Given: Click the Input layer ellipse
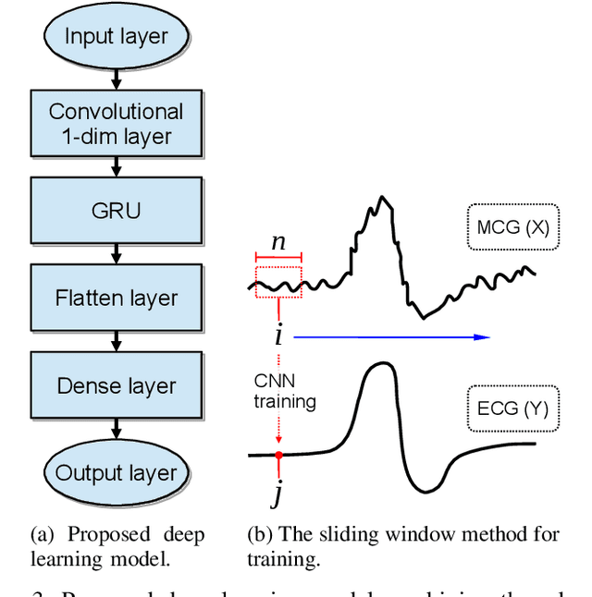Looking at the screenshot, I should (x=116, y=37).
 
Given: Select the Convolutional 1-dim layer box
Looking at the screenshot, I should (x=116, y=124).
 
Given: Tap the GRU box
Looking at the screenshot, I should (x=116, y=211).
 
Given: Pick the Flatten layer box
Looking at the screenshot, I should (x=116, y=298).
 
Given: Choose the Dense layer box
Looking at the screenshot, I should (x=116, y=385).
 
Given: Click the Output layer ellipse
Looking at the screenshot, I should (x=116, y=473).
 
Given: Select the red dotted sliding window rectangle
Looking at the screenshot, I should (x=277, y=282).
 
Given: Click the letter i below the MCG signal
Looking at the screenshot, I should (x=277, y=335).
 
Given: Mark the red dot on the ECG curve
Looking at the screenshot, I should (x=278, y=455).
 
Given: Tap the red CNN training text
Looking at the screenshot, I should (x=286, y=391).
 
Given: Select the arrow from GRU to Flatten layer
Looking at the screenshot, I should (x=116, y=254).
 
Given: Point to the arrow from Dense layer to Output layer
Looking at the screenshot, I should (x=116, y=429).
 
